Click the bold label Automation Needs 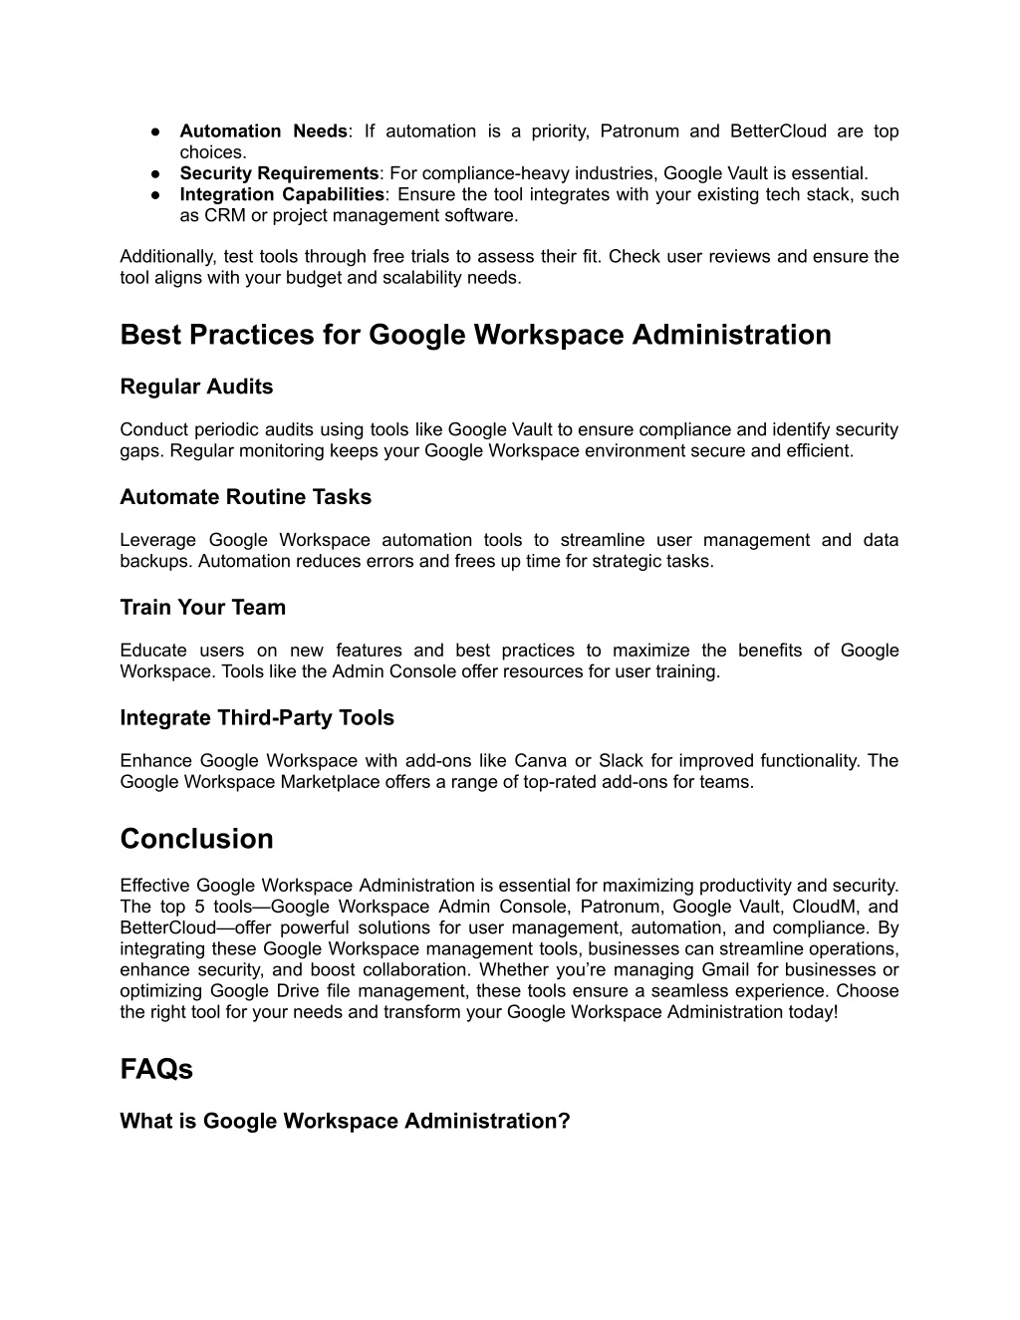coord(263,132)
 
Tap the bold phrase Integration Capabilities coord(282,194)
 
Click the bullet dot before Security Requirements coord(157,173)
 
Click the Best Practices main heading coord(475,335)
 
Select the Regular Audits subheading coord(196,387)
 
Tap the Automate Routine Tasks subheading coord(245,497)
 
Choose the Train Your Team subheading coord(202,608)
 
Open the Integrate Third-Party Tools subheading coord(257,718)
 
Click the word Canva coord(540,761)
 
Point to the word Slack coord(621,761)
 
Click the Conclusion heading coord(196,839)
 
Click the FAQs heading coord(156,1069)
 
